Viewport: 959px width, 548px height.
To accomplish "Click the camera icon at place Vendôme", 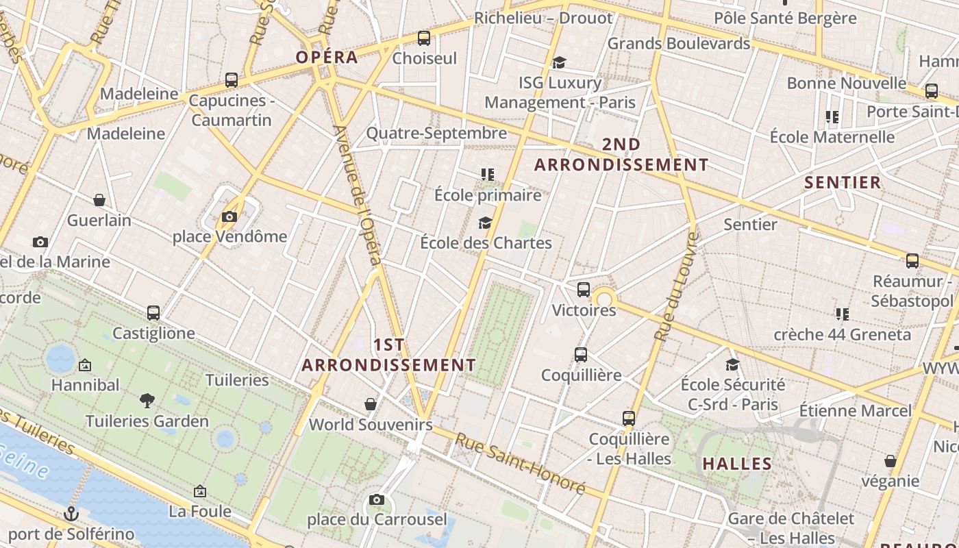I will [229, 217].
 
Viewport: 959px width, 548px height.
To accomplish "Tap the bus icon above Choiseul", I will [424, 38].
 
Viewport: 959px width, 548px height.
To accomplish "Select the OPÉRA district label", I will [327, 57].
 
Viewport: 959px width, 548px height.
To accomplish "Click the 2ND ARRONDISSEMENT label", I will [621, 155].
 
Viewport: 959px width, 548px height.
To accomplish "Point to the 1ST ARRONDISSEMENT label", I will [388, 355].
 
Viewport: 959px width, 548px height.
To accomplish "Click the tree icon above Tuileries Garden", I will [147, 401].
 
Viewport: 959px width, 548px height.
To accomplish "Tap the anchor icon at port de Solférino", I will [71, 513].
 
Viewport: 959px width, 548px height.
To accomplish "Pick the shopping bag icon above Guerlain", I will [99, 200].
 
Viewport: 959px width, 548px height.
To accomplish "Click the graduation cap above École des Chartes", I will [486, 223].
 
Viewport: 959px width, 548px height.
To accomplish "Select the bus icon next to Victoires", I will [583, 290].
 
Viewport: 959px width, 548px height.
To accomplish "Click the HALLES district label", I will [738, 464].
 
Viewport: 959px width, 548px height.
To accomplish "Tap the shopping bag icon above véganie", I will [891, 461].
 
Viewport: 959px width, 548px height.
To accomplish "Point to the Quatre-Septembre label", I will [436, 133].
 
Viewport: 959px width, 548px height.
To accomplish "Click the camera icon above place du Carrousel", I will [376, 499].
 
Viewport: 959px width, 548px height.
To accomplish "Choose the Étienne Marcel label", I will [856, 411].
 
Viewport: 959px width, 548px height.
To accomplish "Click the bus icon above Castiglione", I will [153, 313].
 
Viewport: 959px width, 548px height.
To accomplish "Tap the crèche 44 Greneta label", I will [842, 334].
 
